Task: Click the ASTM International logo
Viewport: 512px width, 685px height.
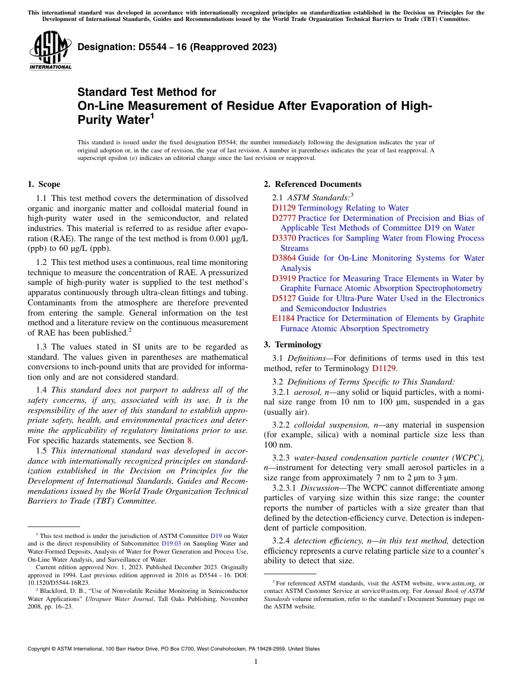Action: pyautogui.click(x=50, y=51)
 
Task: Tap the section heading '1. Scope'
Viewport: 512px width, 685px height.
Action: pyautogui.click(x=44, y=184)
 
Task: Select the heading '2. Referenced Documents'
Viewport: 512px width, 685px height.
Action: pyautogui.click(x=313, y=184)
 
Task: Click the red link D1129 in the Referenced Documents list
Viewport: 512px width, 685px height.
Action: pyautogui.click(x=283, y=208)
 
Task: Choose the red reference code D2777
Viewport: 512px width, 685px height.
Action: pyautogui.click(x=283, y=218)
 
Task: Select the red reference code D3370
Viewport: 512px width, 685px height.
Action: pyautogui.click(x=283, y=238)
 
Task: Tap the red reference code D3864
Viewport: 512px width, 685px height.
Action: pyautogui.click(x=283, y=258)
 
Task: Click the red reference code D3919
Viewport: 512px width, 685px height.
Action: pyautogui.click(x=283, y=278)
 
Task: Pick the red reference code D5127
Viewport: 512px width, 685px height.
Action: pyautogui.click(x=283, y=298)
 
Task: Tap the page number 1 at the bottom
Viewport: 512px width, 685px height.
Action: pyautogui.click(x=256, y=662)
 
